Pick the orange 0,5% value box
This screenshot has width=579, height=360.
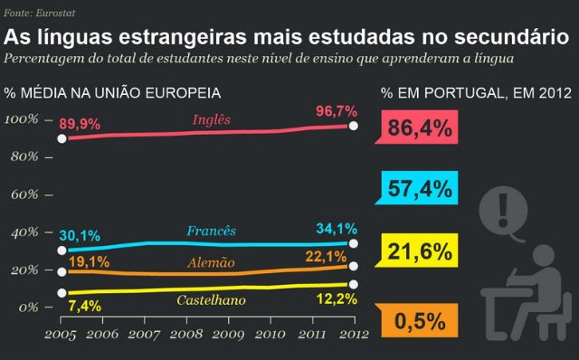(x=419, y=319)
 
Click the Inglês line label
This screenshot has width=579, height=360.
(x=212, y=119)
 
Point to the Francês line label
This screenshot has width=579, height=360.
(x=211, y=232)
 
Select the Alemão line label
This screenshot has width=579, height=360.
(x=211, y=263)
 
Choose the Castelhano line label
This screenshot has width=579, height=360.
(x=213, y=299)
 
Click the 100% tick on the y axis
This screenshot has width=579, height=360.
(x=22, y=119)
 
